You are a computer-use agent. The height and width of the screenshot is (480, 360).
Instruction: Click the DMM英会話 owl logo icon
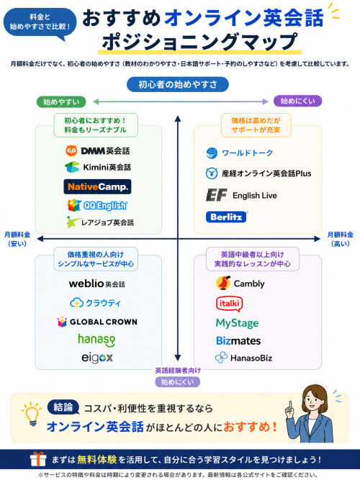pyautogui.click(x=71, y=150)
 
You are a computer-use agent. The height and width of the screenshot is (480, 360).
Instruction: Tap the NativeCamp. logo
pyautogui.click(x=97, y=186)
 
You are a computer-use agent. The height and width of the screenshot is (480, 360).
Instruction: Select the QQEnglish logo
pyautogui.click(x=97, y=205)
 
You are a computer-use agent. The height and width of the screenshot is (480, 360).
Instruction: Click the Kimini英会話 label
pyautogui.click(x=107, y=167)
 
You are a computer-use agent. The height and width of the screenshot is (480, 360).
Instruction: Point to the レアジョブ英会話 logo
pyautogui.click(x=100, y=222)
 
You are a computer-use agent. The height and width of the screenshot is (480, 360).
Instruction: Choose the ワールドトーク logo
pyautogui.click(x=239, y=153)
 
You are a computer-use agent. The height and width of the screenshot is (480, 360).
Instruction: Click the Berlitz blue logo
pyautogui.click(x=226, y=217)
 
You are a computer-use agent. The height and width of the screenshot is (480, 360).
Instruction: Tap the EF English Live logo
pyautogui.click(x=241, y=195)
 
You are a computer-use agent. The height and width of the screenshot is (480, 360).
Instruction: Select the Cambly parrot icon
pyautogui.click(x=223, y=283)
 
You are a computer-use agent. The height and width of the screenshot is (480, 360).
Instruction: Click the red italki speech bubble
pyautogui.click(x=230, y=304)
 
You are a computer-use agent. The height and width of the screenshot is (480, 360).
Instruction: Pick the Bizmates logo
pyautogui.click(x=238, y=340)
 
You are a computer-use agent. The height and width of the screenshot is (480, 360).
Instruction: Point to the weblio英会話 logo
pyautogui.click(x=96, y=284)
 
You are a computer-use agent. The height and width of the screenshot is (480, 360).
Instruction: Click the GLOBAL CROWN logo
pyautogui.click(x=97, y=322)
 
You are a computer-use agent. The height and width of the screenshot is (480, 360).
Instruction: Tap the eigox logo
pyautogui.click(x=97, y=358)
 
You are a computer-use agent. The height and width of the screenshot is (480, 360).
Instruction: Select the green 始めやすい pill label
pyautogui.click(x=61, y=101)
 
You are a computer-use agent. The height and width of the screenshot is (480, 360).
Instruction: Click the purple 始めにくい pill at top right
pyautogui.click(x=297, y=101)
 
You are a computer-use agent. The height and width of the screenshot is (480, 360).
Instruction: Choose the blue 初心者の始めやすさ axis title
pyautogui.click(x=178, y=84)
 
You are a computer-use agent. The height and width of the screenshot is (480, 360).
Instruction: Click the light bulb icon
pyautogui.click(x=32, y=414)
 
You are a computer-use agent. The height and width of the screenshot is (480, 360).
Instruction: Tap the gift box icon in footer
pyautogui.click(x=38, y=459)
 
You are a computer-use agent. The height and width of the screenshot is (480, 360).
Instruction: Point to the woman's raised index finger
pyautogui.click(x=290, y=406)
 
